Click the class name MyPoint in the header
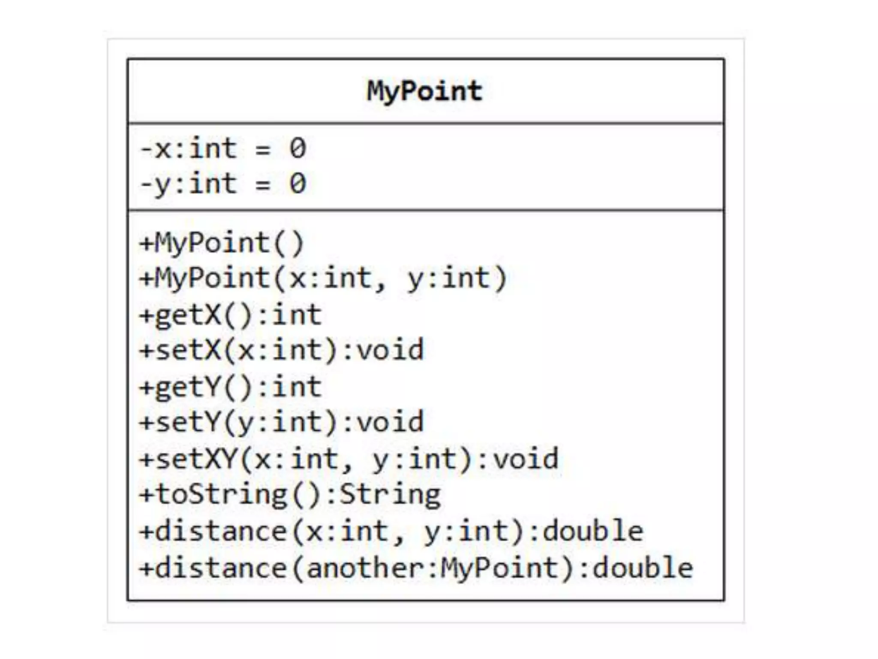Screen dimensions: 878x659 click(424, 91)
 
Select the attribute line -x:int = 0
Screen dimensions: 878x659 click(223, 149)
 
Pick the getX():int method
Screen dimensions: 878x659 click(230, 315)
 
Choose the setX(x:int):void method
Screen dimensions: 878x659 click(281, 351)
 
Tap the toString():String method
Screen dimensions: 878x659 click(290, 495)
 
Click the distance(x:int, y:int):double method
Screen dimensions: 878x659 click(391, 532)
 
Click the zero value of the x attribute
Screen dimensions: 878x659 click(298, 149)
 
